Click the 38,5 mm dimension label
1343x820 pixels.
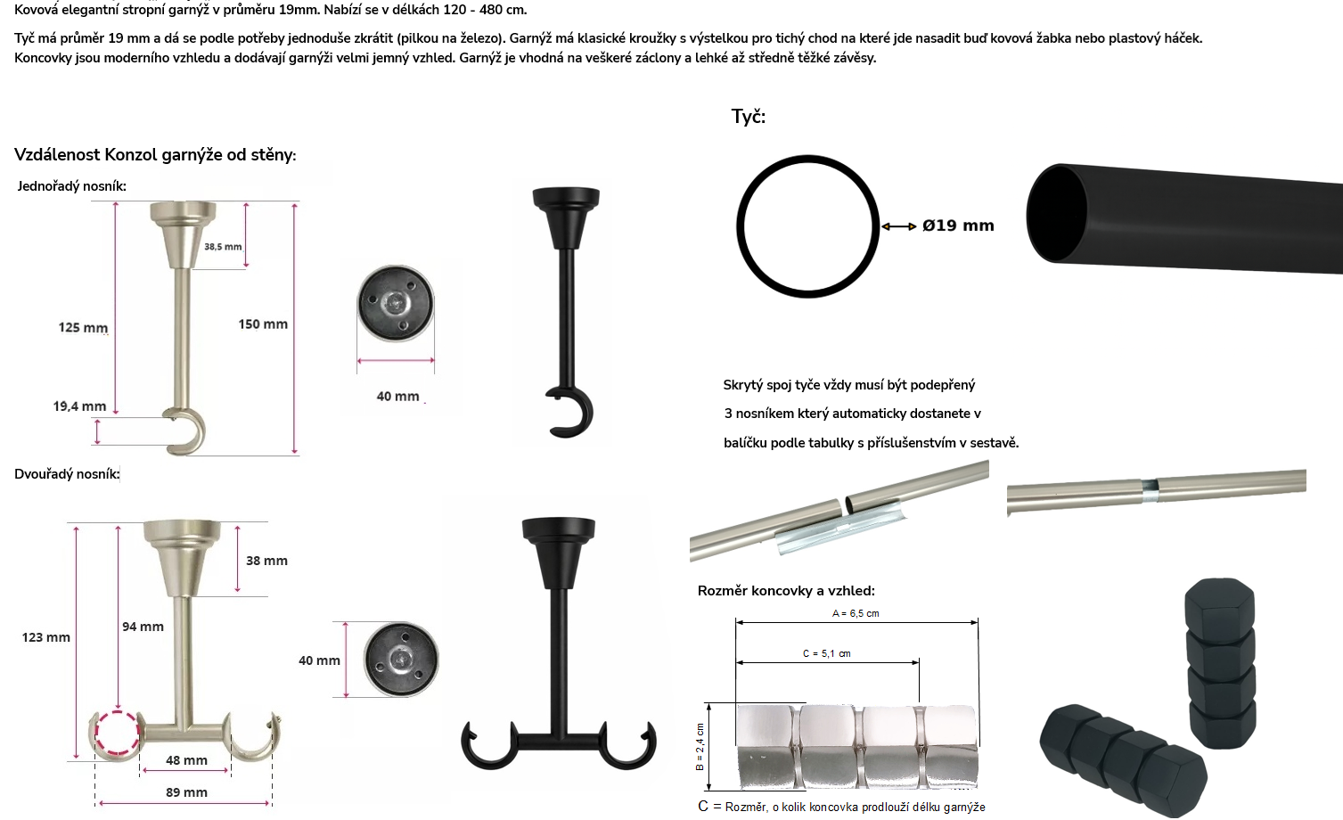(x=223, y=247)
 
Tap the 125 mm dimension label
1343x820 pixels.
(x=83, y=327)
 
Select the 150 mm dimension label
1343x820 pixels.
(x=263, y=324)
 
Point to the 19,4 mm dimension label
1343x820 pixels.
(x=79, y=406)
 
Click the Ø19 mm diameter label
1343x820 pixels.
(x=958, y=225)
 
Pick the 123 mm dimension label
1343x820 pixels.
(x=45, y=637)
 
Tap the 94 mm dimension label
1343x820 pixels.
(x=143, y=627)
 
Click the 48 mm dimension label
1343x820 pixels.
(x=186, y=760)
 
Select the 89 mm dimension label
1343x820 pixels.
(x=186, y=791)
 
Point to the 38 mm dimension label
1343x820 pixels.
(x=266, y=561)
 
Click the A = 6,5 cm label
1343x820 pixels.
(x=856, y=613)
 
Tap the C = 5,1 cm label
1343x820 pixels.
(x=827, y=653)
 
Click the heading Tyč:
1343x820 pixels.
(x=749, y=116)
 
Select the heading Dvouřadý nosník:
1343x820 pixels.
(x=67, y=474)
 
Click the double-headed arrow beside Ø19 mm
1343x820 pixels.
(x=898, y=226)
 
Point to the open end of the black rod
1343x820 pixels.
(x=1056, y=213)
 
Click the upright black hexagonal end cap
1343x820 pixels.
(x=1221, y=663)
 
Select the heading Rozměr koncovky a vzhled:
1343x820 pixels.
(x=786, y=590)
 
